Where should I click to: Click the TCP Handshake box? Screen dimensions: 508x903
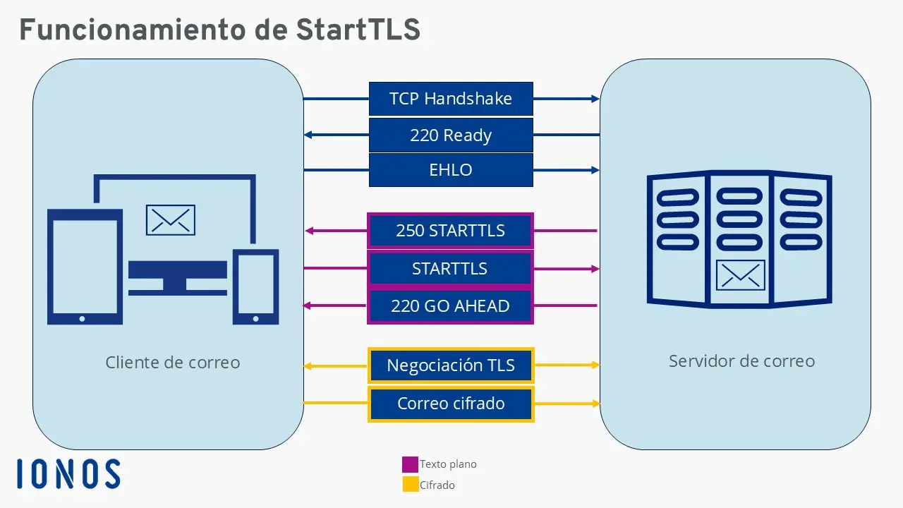[451, 99]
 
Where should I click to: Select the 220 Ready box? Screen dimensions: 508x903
[451, 135]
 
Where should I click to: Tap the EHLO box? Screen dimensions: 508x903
[451, 170]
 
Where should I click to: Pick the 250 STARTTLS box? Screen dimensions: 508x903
[450, 231]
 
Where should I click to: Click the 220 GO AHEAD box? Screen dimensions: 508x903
[450, 306]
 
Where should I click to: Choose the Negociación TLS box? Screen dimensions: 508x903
[451, 365]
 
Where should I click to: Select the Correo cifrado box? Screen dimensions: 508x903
[451, 404]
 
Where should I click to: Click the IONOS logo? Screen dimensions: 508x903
[68, 473]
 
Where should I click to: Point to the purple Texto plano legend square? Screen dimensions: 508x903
[410, 464]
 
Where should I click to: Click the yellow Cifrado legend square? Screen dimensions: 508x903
[410, 485]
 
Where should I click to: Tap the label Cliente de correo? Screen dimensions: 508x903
[173, 363]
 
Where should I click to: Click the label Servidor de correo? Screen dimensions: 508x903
[741, 361]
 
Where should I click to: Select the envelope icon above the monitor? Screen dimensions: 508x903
[170, 220]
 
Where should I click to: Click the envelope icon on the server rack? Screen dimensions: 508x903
[741, 275]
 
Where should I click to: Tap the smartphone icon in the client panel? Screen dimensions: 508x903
[255, 286]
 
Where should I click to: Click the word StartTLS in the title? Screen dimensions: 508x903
[358, 30]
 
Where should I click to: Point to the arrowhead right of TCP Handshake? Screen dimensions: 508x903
[595, 99]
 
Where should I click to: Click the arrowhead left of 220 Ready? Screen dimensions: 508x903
[308, 135]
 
